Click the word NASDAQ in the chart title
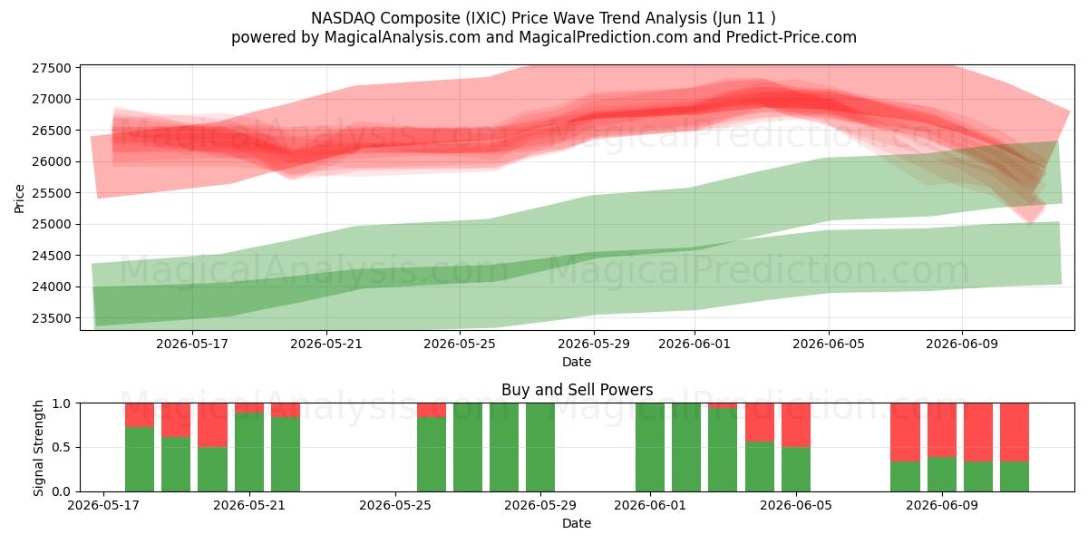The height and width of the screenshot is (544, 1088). pyautogui.click(x=343, y=18)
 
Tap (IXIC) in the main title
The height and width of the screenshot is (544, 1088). pyautogui.click(x=485, y=18)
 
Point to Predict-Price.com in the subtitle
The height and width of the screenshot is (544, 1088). pyautogui.click(x=791, y=37)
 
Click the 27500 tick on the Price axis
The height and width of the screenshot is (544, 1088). pyautogui.click(x=52, y=68)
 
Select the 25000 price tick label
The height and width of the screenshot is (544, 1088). pyautogui.click(x=52, y=225)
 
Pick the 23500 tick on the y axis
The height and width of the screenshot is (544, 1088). pyautogui.click(x=52, y=318)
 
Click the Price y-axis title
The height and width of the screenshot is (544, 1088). pyautogui.click(x=19, y=199)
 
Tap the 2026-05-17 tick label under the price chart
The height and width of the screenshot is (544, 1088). pyautogui.click(x=192, y=344)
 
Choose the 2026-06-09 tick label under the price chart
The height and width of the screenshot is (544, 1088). pyautogui.click(x=962, y=344)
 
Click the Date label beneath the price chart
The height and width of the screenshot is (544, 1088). pyautogui.click(x=577, y=362)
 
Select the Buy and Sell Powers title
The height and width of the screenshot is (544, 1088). pyautogui.click(x=577, y=390)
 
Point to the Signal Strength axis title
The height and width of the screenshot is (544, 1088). pyautogui.click(x=38, y=448)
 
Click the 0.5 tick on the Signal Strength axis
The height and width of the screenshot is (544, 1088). pyautogui.click(x=61, y=447)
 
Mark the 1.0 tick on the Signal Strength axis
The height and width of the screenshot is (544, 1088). pyautogui.click(x=61, y=403)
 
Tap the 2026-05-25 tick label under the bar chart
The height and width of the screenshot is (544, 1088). pyautogui.click(x=395, y=506)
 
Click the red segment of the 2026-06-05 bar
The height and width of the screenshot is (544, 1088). pyautogui.click(x=796, y=425)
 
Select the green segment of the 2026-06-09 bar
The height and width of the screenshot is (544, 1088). pyautogui.click(x=942, y=474)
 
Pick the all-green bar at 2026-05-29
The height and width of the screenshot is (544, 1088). pyautogui.click(x=540, y=447)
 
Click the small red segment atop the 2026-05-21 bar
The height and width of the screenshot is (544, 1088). pyautogui.click(x=249, y=408)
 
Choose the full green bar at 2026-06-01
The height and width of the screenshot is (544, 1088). pyautogui.click(x=650, y=447)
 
